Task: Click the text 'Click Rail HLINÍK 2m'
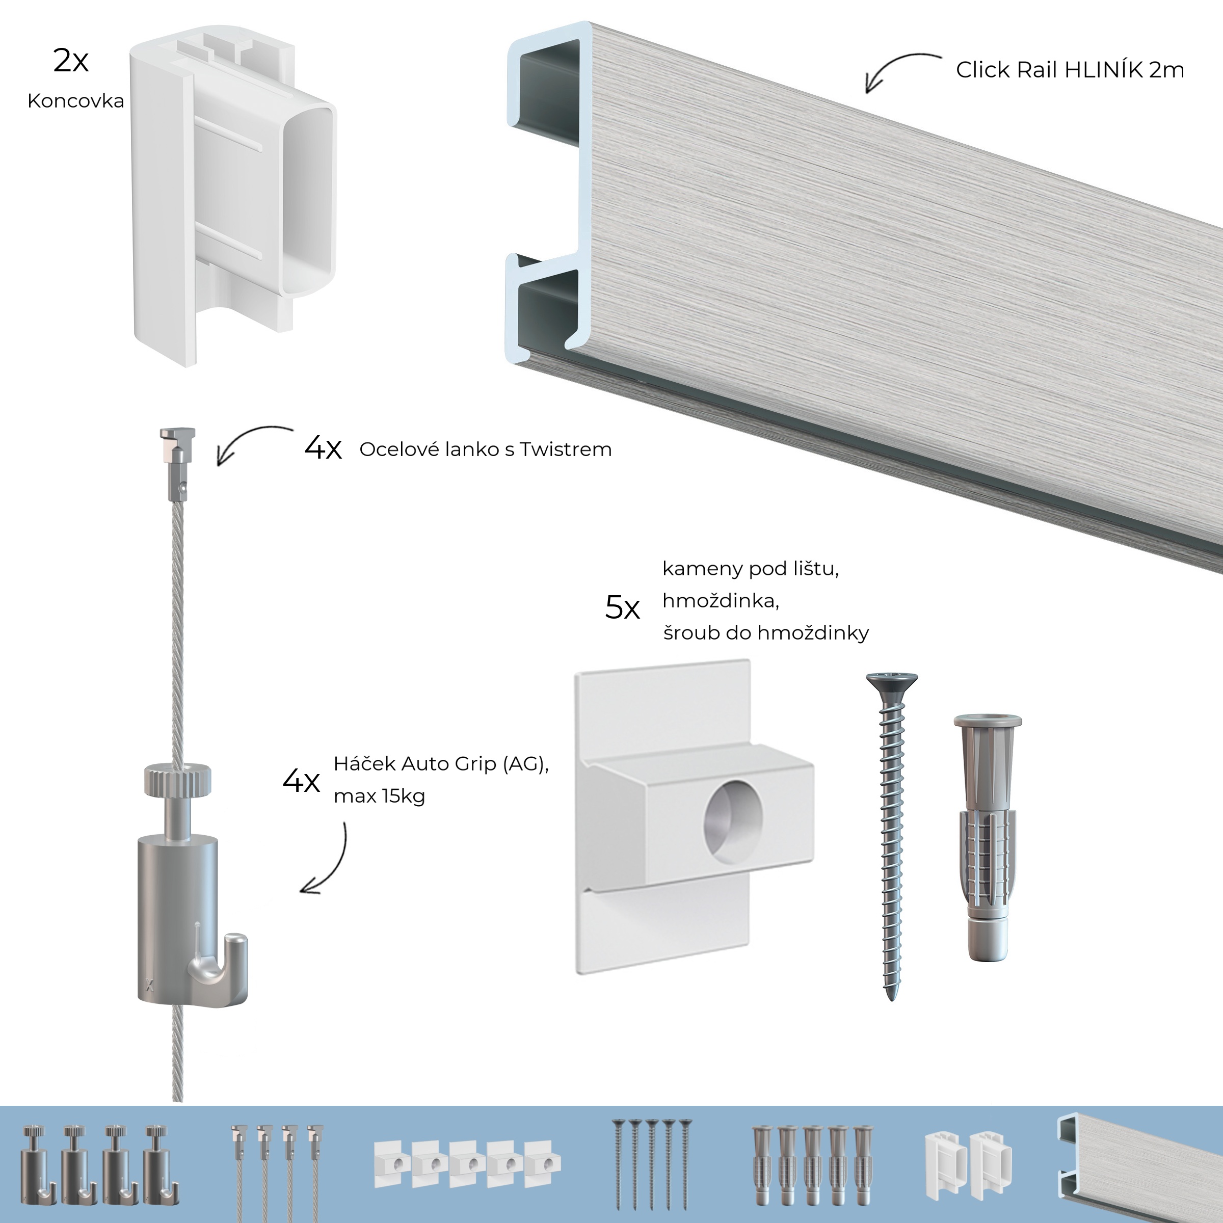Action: coord(1069,70)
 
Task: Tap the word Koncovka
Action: coord(75,101)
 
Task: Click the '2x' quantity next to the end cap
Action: coord(70,61)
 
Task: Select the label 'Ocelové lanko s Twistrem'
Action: coord(485,449)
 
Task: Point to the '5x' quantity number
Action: coord(622,608)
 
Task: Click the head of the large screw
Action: coord(891,682)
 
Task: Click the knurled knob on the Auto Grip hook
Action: coord(177,780)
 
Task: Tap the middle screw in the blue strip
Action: coord(652,1162)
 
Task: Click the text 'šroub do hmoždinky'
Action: coord(765,632)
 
